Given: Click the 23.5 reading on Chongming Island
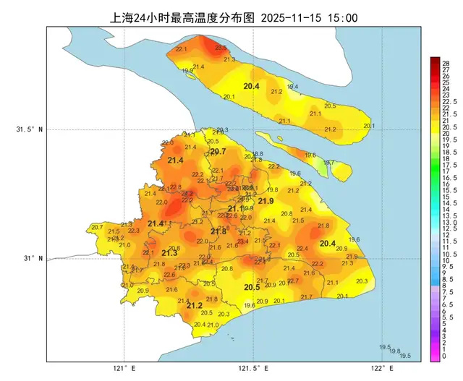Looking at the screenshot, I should point(221,47).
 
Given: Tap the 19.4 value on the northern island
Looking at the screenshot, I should point(293,87).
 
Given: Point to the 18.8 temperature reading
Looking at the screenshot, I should point(258,154).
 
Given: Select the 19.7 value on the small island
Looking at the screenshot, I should point(328,163).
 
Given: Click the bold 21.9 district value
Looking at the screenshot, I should point(266,200).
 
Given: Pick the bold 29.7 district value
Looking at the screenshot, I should point(218,151).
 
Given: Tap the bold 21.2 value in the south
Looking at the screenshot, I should point(194,305).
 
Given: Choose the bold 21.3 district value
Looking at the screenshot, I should point(169,252).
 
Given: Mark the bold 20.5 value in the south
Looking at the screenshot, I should point(252,287).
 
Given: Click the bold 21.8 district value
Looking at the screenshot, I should point(218,231).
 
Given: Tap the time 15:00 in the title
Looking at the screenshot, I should point(342,17).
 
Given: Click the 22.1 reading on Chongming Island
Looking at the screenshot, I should point(182,49).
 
